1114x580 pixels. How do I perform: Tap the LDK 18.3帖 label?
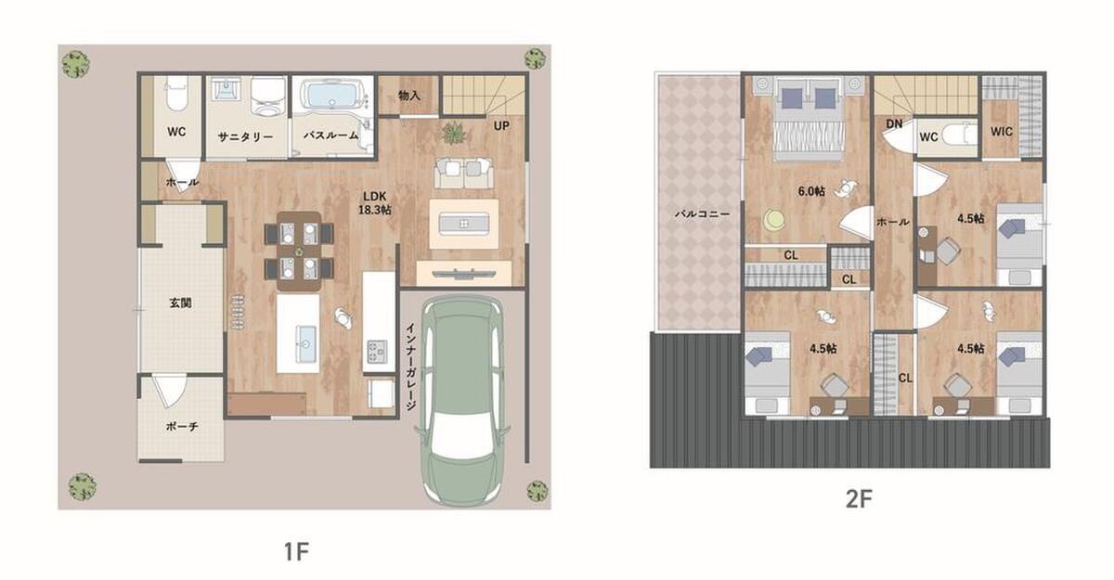click(x=374, y=203)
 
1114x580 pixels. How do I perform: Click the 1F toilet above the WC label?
click(x=176, y=94)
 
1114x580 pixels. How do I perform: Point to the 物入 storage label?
click(x=408, y=96)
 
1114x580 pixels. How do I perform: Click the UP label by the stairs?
click(x=501, y=126)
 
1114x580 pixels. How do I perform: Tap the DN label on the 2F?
click(x=894, y=123)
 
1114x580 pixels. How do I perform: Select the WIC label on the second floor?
click(x=1001, y=132)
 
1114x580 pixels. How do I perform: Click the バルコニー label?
click(x=702, y=214)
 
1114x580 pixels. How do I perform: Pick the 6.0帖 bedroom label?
click(x=811, y=191)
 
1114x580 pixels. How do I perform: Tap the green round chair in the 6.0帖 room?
click(x=774, y=219)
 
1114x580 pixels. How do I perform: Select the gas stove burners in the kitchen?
click(x=378, y=351)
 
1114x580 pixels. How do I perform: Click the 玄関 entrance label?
click(x=180, y=303)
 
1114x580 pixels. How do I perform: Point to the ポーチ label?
click(x=182, y=426)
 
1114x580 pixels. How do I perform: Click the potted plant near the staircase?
click(x=455, y=134)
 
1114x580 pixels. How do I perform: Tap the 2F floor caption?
click(x=859, y=499)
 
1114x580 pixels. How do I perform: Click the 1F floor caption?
click(x=296, y=551)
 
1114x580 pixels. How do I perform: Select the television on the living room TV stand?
click(x=464, y=274)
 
